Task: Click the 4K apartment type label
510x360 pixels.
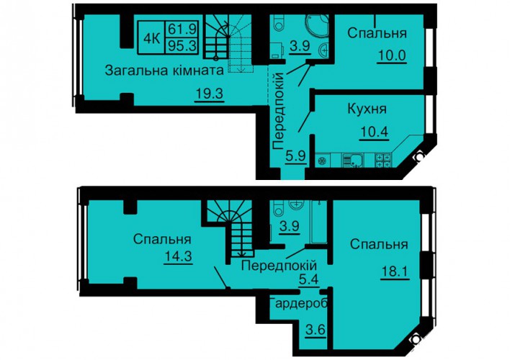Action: [151, 39]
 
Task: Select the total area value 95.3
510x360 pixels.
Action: [182, 46]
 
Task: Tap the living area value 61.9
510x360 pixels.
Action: [182, 30]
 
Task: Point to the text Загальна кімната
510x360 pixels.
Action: [164, 71]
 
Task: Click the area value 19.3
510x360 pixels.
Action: [210, 94]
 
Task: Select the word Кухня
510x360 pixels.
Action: [367, 109]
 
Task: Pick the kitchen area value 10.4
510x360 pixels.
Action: [375, 132]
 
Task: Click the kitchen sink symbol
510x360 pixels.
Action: [352, 161]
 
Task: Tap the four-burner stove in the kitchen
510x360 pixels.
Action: [383, 161]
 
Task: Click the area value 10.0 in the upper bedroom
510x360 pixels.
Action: [392, 55]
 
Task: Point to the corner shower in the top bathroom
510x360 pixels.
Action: [316, 27]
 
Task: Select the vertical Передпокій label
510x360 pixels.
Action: [279, 112]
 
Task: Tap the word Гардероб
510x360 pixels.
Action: [299, 303]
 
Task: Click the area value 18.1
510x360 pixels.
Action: [395, 271]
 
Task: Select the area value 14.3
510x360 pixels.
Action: [178, 256]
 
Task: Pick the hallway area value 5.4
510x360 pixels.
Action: [309, 279]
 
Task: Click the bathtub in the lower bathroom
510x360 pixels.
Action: [318, 222]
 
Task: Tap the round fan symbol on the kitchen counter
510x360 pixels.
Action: [322, 161]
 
